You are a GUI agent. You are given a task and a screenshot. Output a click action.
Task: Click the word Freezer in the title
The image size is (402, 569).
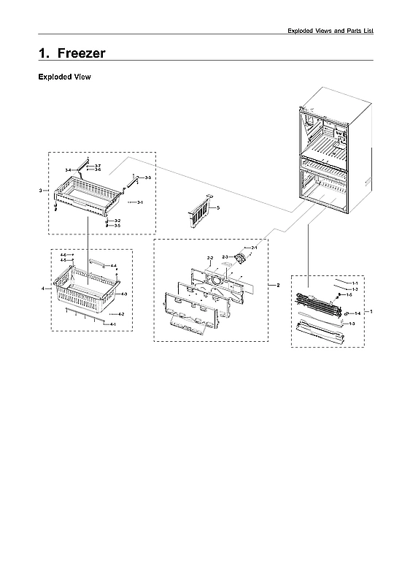81,53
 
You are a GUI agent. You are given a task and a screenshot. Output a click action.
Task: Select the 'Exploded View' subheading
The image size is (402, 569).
64,77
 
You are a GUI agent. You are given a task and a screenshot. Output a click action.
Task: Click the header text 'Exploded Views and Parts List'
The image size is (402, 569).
331,31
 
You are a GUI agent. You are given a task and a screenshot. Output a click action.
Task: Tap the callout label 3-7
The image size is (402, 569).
98,166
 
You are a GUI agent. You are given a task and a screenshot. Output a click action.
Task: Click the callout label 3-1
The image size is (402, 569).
139,202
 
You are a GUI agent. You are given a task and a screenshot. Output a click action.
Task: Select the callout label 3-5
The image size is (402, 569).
117,226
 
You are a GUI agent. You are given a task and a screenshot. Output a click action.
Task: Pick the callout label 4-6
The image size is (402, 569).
63,254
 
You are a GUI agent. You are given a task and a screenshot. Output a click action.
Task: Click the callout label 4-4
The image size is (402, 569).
114,266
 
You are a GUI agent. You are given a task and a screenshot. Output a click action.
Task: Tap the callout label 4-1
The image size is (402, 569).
113,323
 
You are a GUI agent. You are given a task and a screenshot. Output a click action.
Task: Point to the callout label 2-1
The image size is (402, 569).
254,248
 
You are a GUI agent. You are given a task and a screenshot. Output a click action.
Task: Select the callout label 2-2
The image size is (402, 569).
210,259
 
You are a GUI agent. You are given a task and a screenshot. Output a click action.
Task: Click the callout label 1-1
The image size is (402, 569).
355,282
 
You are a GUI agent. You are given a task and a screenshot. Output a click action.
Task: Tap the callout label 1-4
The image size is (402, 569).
357,313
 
